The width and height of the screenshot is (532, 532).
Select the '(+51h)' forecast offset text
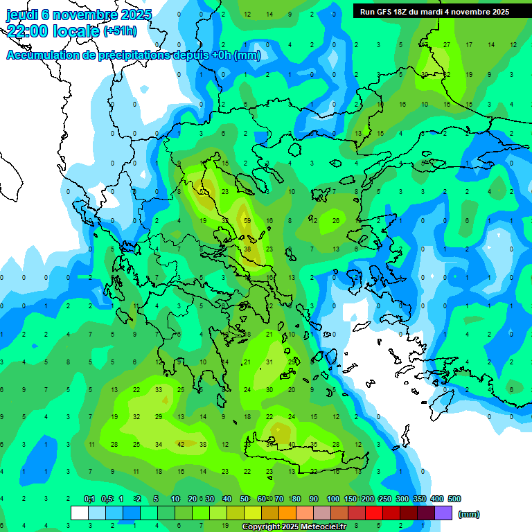121,31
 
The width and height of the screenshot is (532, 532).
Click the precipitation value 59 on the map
247,220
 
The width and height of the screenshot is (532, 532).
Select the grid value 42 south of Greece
181,444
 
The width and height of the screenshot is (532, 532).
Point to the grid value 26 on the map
335,220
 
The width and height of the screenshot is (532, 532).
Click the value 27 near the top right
447,45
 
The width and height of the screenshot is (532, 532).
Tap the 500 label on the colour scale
454,499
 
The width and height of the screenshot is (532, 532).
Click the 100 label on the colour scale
332,499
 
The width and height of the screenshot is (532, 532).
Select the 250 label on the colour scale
384,499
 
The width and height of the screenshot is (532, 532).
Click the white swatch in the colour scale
79,513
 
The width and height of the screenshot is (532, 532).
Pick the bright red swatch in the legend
374,513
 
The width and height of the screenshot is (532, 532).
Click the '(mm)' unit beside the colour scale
469,514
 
